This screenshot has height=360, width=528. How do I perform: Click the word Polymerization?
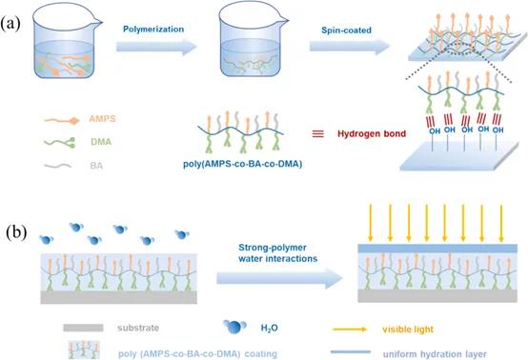click(x=153, y=30)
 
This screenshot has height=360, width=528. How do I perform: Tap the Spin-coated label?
click(x=346, y=30)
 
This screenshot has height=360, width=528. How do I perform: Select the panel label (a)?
click(x=10, y=24)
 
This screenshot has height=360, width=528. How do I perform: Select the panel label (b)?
click(x=16, y=232)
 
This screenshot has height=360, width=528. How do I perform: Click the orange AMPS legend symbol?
click(x=62, y=120)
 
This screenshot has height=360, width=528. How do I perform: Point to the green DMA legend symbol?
click(x=60, y=143)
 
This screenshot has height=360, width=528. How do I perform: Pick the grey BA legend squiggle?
click(x=57, y=166)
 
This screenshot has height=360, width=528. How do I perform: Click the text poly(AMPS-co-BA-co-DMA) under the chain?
click(x=242, y=164)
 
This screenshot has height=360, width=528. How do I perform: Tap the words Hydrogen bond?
click(x=372, y=133)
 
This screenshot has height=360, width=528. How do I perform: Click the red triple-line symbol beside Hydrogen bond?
click(x=318, y=134)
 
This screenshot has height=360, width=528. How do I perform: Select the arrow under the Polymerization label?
click(x=156, y=47)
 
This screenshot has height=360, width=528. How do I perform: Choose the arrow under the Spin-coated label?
click(x=350, y=47)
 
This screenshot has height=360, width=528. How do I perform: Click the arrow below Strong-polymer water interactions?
click(x=279, y=278)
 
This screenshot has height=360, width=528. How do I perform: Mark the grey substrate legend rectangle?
click(x=83, y=328)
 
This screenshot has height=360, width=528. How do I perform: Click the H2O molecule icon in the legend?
click(x=234, y=327)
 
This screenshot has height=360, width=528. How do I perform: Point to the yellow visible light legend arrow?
click(x=350, y=329)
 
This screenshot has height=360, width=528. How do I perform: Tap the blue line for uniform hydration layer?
click(x=351, y=352)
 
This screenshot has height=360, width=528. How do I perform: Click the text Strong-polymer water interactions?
click(x=277, y=253)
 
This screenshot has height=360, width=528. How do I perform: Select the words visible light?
click(x=408, y=329)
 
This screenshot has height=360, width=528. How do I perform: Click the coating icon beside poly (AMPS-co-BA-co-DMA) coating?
click(x=84, y=350)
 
